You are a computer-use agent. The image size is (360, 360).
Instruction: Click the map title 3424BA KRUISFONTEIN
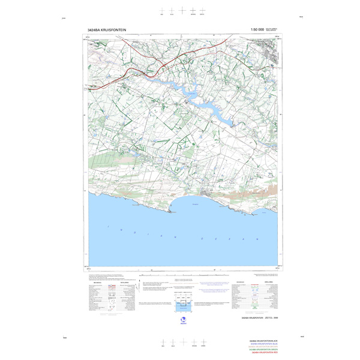point(109,29)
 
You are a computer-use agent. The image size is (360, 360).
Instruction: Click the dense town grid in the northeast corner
point(272,55)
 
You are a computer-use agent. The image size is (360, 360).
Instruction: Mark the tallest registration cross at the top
point(193,10)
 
